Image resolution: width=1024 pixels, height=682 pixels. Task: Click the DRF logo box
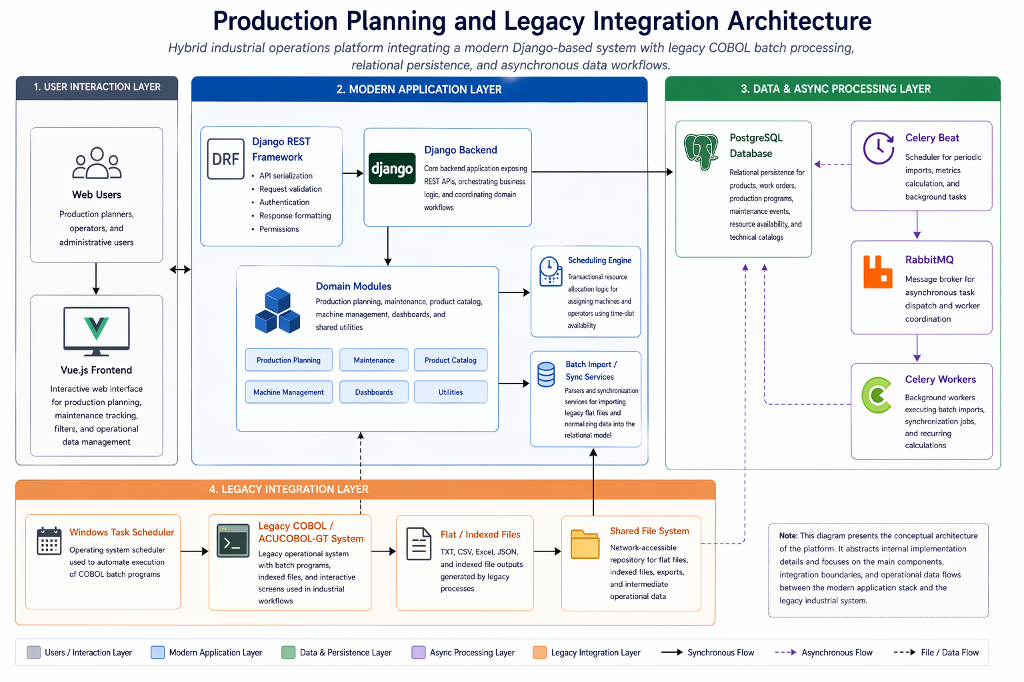[x=225, y=159]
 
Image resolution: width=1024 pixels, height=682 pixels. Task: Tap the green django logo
[x=392, y=169]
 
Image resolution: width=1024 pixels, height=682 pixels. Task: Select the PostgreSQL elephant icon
[x=701, y=151]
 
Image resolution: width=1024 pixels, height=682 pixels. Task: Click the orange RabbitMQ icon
[x=877, y=272]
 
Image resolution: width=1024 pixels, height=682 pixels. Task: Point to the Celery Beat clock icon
[x=879, y=148]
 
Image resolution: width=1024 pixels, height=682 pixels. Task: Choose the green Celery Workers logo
[x=877, y=395]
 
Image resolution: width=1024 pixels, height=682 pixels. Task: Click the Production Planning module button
[x=289, y=360]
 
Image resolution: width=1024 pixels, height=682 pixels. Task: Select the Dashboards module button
[x=374, y=392]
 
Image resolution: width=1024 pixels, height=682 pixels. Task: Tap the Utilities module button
[x=451, y=392]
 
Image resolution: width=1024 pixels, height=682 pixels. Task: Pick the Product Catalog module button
[x=451, y=360]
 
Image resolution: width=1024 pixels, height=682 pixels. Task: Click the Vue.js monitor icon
[x=97, y=330]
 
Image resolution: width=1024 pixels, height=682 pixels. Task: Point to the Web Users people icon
[x=97, y=163]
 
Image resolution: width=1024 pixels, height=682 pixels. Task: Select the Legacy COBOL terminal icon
[x=233, y=540]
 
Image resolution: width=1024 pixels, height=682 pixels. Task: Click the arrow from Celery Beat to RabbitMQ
[x=917, y=225]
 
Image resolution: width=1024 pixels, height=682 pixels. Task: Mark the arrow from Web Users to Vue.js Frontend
[x=96, y=278]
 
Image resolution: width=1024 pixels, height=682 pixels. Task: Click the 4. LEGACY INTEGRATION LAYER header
[x=289, y=490]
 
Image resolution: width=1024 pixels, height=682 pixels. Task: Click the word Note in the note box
[x=787, y=535]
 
